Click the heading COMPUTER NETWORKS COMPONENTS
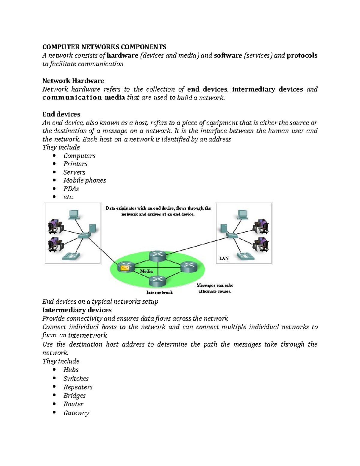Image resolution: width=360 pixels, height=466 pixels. click(x=104, y=47)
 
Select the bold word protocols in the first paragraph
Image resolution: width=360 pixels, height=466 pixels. click(x=302, y=56)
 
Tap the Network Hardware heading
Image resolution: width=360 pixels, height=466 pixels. click(x=73, y=81)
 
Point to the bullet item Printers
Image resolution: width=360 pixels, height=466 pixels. click(x=75, y=164)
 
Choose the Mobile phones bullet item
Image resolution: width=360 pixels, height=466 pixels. click(x=84, y=180)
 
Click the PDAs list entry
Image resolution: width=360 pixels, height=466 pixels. click(x=71, y=189)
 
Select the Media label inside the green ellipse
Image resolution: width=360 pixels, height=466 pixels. click(x=146, y=271)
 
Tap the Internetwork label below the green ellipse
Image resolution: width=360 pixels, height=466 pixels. click(x=159, y=292)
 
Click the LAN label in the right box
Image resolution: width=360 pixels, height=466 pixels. click(x=224, y=258)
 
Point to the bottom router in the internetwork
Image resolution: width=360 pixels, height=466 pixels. click(x=157, y=281)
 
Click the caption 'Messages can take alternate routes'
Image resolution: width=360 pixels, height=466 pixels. click(x=215, y=288)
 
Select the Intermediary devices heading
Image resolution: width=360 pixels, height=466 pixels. click(x=77, y=310)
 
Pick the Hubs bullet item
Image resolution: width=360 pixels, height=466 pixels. click(x=71, y=370)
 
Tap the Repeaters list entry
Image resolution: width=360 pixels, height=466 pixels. click(x=78, y=387)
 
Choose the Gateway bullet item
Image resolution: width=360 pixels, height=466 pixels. click(x=76, y=413)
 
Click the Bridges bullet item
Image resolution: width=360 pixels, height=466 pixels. click(x=74, y=395)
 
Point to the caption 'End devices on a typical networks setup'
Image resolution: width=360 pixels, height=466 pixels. click(x=100, y=302)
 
